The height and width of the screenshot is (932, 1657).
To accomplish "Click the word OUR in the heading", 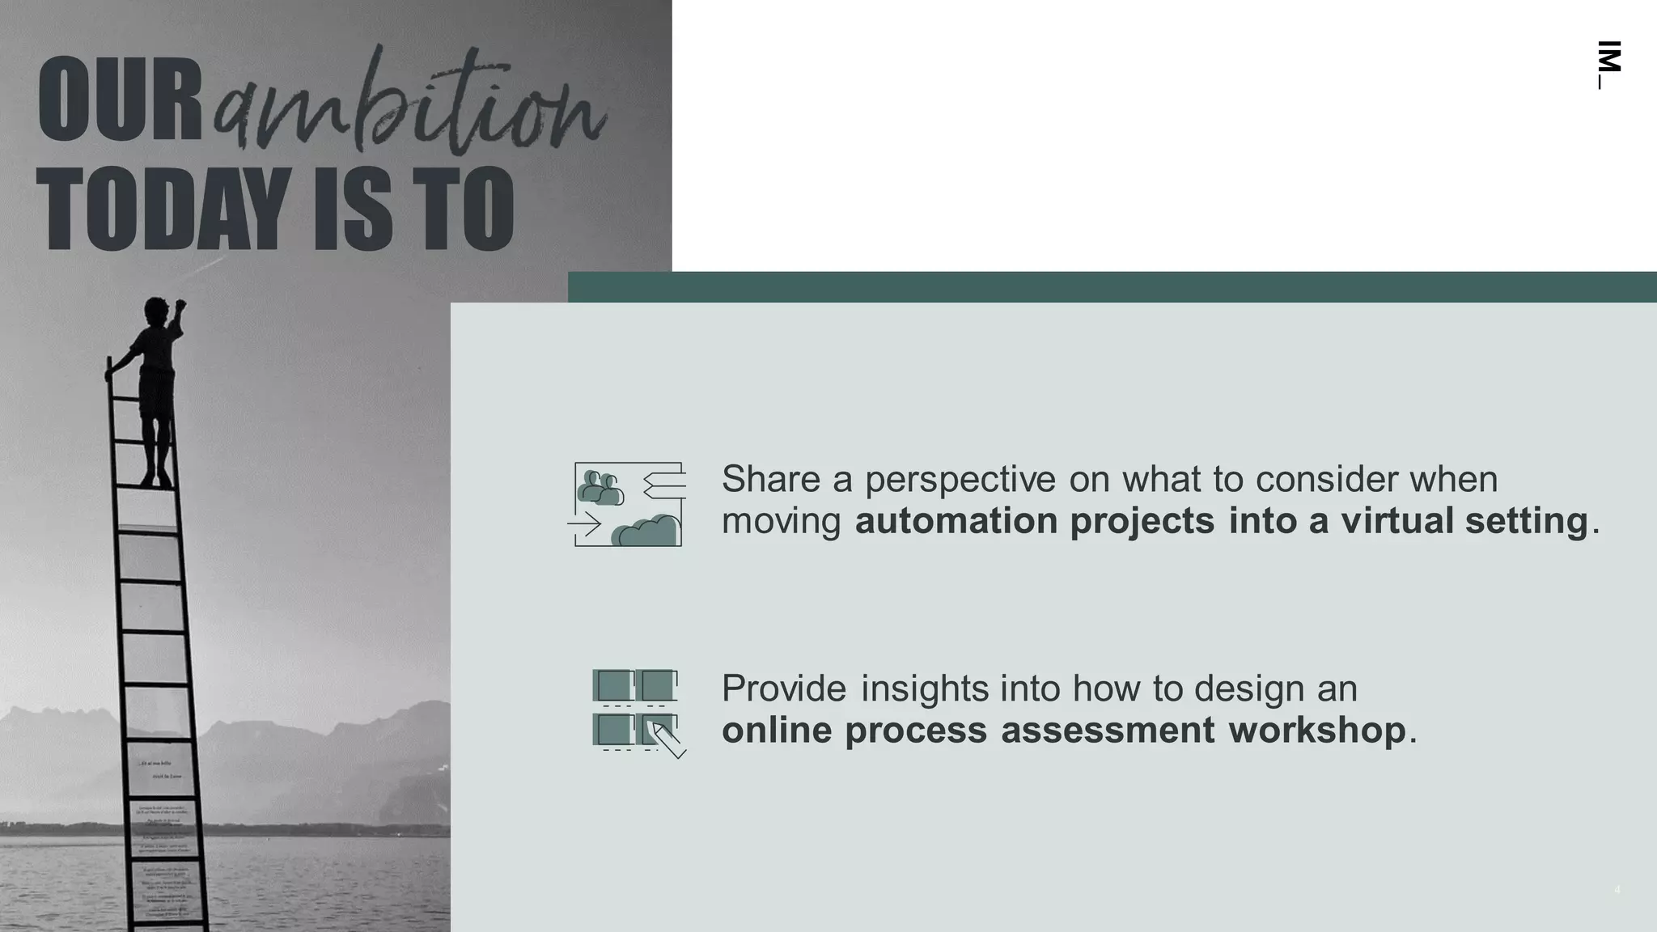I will (119, 100).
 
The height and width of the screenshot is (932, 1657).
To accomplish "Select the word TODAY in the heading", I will (162, 208).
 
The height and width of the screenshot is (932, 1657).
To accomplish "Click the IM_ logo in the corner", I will (1609, 64).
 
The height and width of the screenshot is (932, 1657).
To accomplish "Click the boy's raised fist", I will (180, 305).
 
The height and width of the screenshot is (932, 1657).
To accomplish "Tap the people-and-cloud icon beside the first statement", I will (628, 504).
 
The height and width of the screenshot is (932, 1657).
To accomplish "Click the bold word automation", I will (956, 520).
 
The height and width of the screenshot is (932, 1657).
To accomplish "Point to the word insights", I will (924, 688).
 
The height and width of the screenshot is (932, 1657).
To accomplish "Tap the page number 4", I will (1617, 890).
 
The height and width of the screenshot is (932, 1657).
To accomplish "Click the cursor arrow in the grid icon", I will (669, 739).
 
